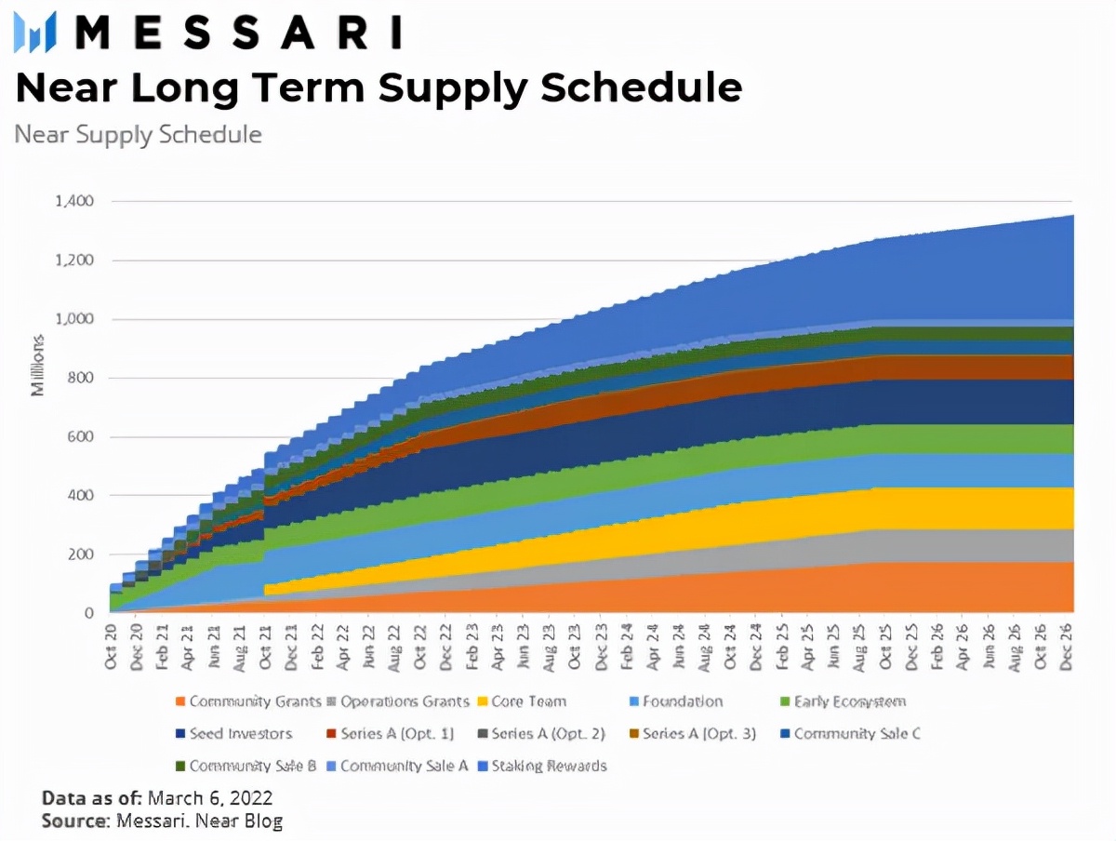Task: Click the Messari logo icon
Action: (34, 32)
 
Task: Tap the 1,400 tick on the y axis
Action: (75, 201)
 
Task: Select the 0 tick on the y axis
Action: (89, 613)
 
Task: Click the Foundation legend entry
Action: (680, 701)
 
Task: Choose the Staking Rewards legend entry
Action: (549, 767)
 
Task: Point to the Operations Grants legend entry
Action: (405, 701)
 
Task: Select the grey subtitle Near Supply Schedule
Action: (138, 134)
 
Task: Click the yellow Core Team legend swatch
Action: (481, 701)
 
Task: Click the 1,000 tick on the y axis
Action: (75, 319)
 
